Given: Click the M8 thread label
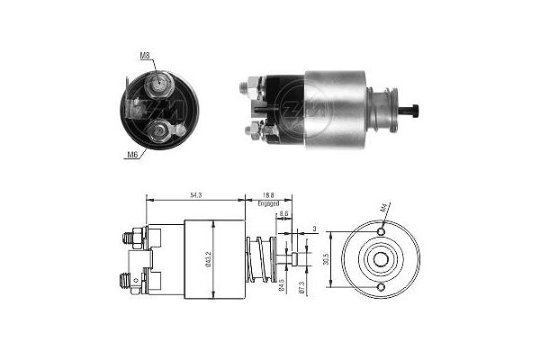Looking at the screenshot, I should click(x=146, y=56).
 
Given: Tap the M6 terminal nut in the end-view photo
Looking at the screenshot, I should click(x=158, y=131).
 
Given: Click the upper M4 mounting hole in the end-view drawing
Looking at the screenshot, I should click(x=381, y=232).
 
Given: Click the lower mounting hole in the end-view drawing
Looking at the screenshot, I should click(x=381, y=287).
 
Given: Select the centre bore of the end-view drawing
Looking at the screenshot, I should click(x=381, y=260).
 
